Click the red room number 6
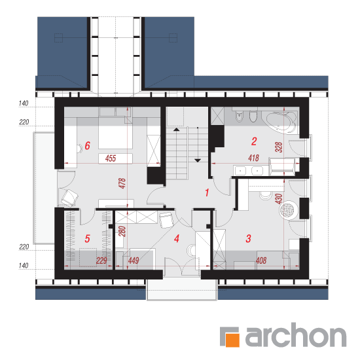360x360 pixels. coord(88,145)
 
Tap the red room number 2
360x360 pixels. coord(254,141)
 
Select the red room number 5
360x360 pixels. coord(87,238)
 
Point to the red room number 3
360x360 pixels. coord(249,238)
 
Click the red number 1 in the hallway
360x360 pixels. coord(207,192)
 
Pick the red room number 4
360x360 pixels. coord(177,238)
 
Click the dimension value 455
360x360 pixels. coord(111,158)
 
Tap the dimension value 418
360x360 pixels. coord(254,158)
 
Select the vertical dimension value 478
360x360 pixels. coord(122,183)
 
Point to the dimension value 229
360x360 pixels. coord(101,261)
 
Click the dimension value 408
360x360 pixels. coord(261,261)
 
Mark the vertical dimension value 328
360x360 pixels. coord(278,147)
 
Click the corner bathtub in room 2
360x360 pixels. coord(281,122)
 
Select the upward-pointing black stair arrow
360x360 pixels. coord(176,130)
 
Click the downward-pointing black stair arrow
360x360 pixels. coord(198,160)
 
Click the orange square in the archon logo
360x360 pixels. coord(233,340)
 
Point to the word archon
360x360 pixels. coord(296,335)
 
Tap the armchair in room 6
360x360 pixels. coord(69,197)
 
